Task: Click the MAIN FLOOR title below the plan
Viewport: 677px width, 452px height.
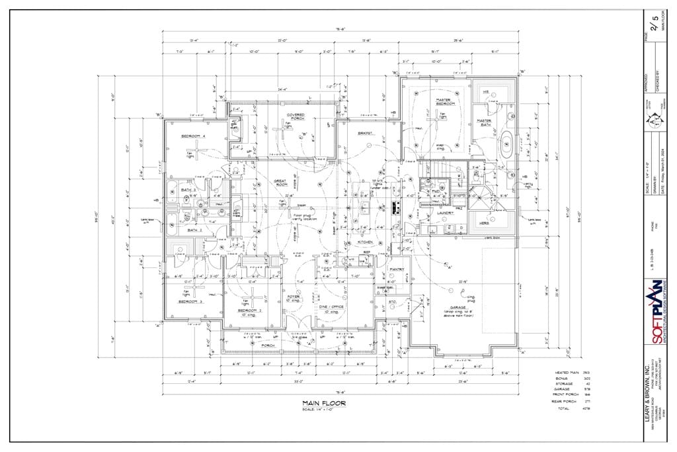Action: (x=324, y=402)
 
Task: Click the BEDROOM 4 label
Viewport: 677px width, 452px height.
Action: (x=194, y=136)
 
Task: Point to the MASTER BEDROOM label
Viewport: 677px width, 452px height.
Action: (x=443, y=103)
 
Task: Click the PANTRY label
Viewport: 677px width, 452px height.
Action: (x=397, y=269)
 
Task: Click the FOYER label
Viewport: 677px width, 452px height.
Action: (x=294, y=296)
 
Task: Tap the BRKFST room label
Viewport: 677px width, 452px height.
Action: (x=366, y=133)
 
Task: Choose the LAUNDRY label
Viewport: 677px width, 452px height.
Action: (x=445, y=213)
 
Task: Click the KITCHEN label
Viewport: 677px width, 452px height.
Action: (x=366, y=242)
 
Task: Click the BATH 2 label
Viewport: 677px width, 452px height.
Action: (x=194, y=230)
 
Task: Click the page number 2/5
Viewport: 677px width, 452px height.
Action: (x=655, y=23)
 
